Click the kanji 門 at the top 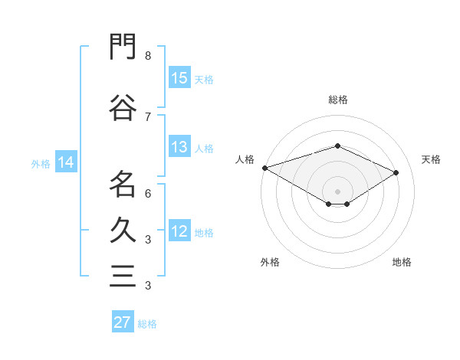123,47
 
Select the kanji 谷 123,107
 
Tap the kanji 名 123,184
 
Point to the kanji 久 123,230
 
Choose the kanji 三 123,277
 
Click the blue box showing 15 179,77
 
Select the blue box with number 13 179,146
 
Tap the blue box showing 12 179,230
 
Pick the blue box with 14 66,162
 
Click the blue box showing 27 123,321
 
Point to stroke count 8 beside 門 148,56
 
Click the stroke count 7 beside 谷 148,117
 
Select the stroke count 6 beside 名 148,194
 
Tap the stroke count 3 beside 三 148,285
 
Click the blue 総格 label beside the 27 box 147,324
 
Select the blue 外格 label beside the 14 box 41,164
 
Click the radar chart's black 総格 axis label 338,100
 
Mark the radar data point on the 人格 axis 265,168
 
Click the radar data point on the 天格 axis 396,172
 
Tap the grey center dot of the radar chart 337,191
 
